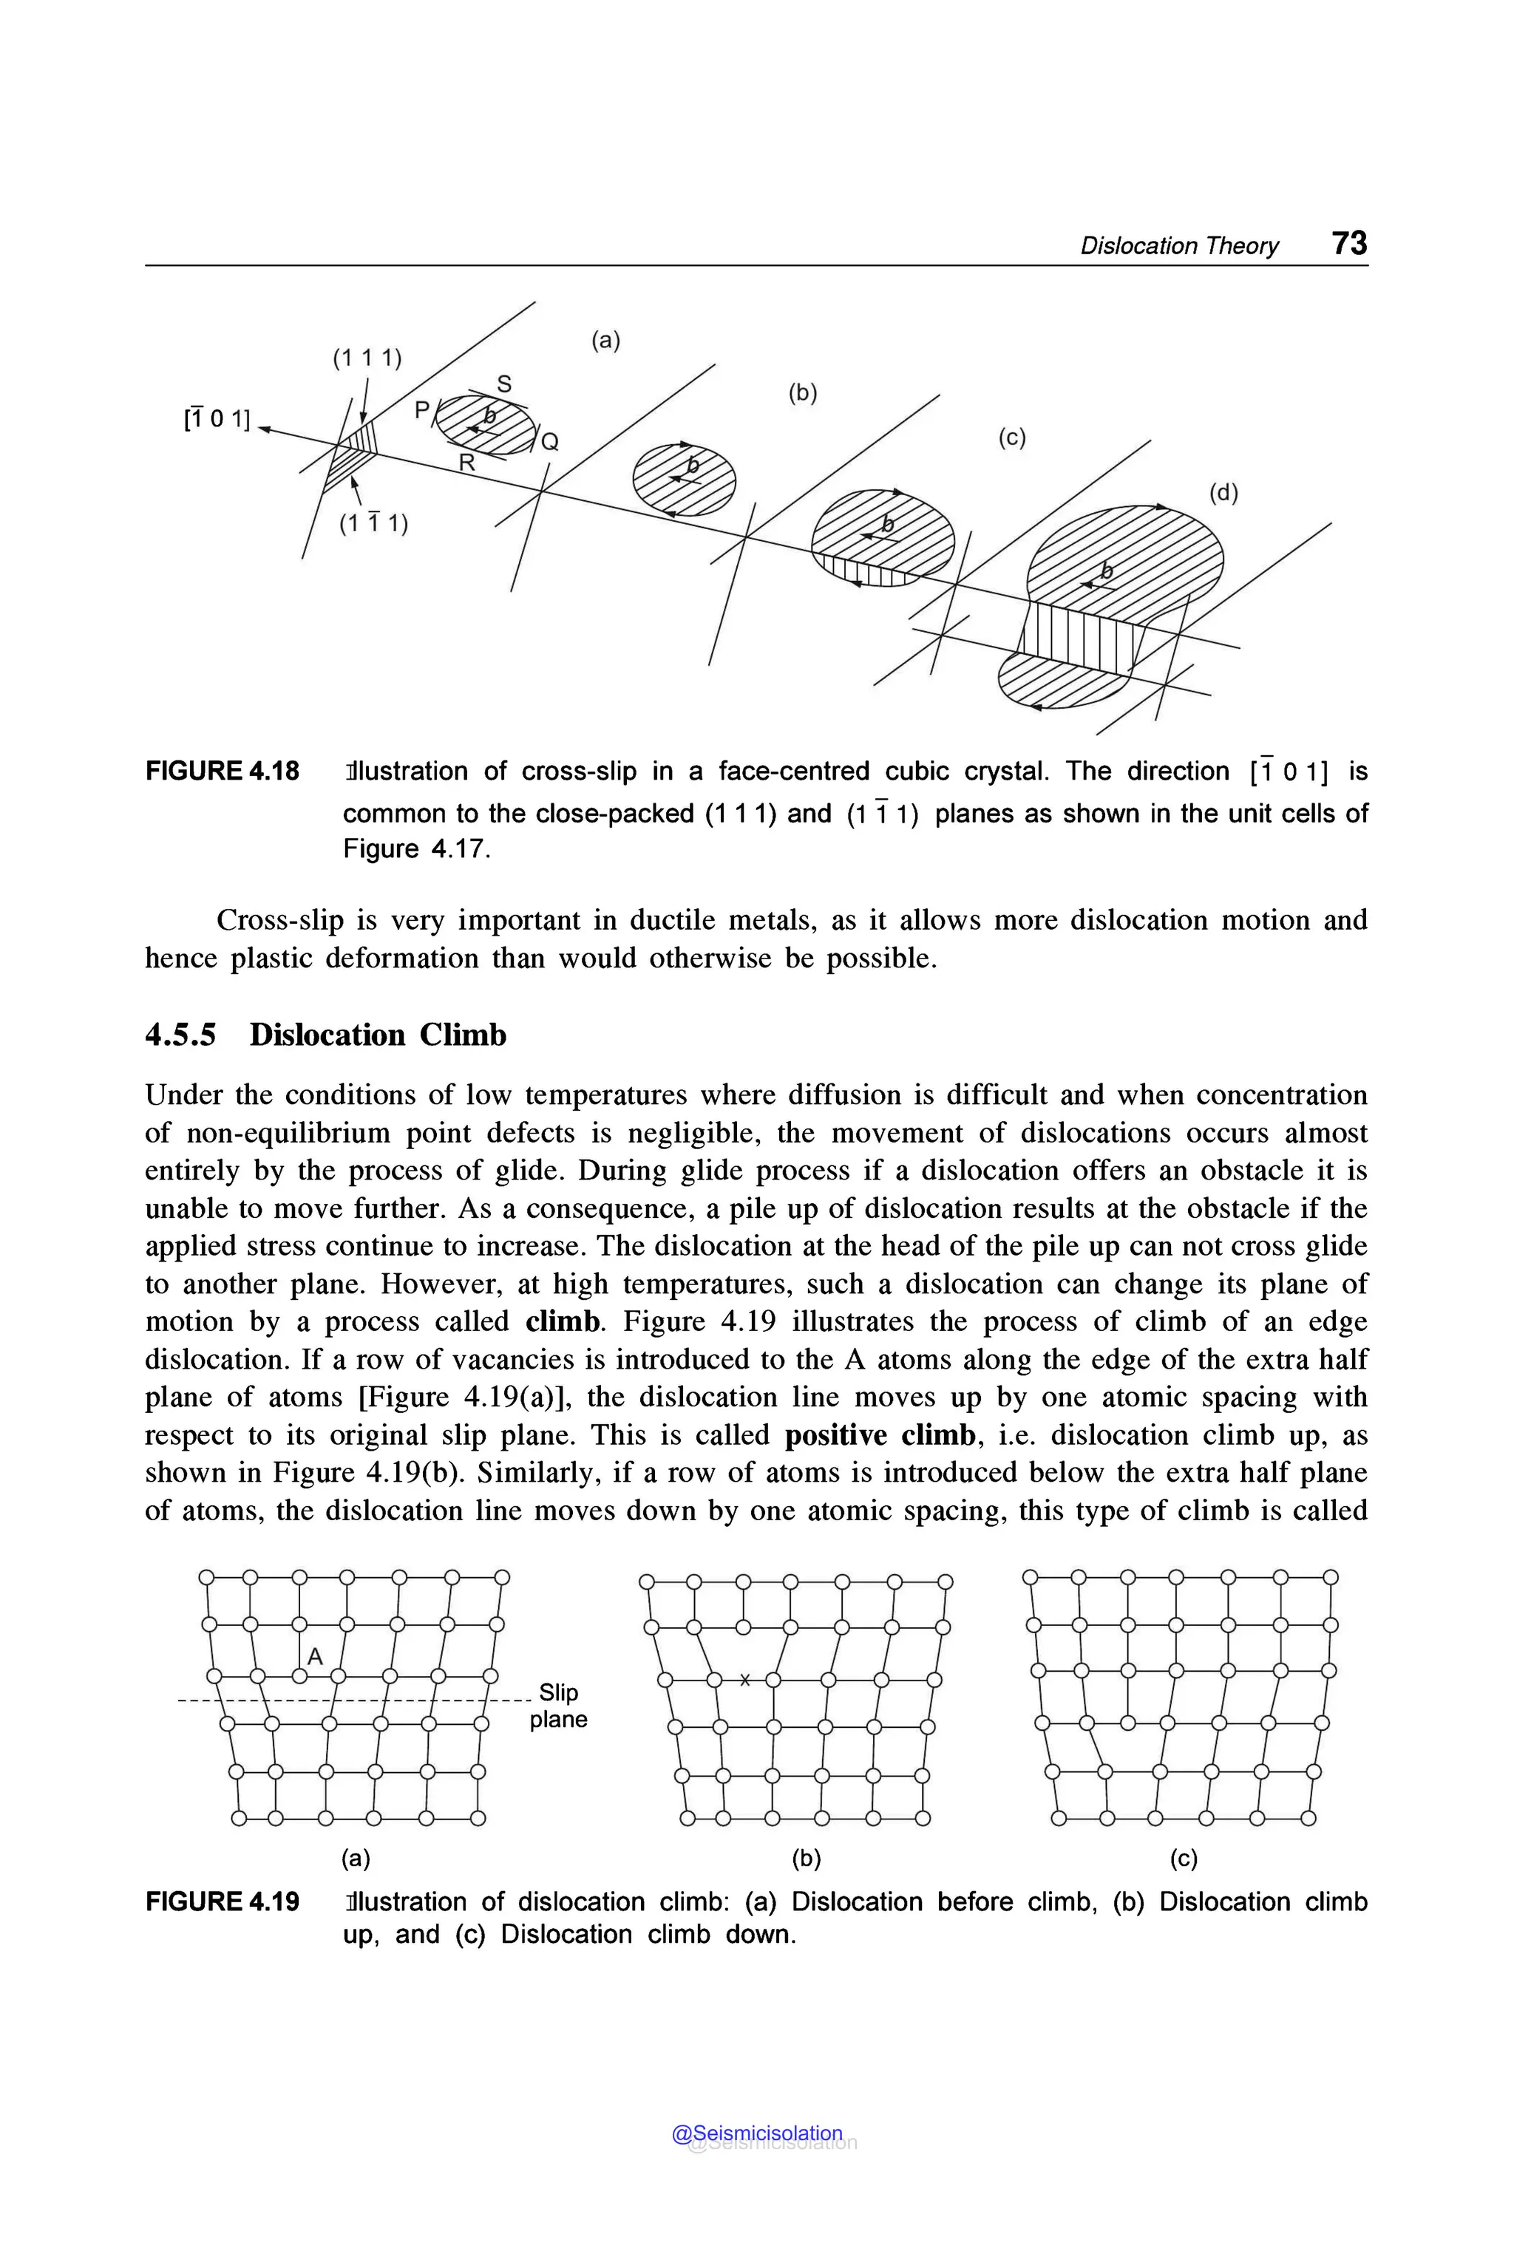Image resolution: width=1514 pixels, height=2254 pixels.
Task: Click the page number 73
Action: pyautogui.click(x=1349, y=242)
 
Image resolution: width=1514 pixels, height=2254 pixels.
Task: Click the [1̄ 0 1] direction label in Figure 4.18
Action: pyautogui.click(x=217, y=419)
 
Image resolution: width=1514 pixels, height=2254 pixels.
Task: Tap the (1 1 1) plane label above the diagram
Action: pyautogui.click(x=367, y=358)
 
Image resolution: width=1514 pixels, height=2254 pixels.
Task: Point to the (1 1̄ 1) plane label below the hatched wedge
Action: pyautogui.click(x=373, y=523)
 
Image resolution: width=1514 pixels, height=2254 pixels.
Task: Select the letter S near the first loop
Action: pyautogui.click(x=504, y=384)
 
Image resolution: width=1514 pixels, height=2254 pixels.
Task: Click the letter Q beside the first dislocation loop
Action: pyautogui.click(x=549, y=442)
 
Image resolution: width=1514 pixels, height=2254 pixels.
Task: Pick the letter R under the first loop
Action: pyautogui.click(x=466, y=463)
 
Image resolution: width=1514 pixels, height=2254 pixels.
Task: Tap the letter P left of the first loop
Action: pyautogui.click(x=422, y=409)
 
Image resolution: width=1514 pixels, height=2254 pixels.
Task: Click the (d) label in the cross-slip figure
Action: pyautogui.click(x=1223, y=492)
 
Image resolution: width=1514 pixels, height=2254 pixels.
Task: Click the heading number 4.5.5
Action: pyautogui.click(x=180, y=1035)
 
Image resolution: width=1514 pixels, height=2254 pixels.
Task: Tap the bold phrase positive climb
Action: pyautogui.click(x=879, y=1434)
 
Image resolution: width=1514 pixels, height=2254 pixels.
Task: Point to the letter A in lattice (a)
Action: pyautogui.click(x=315, y=1656)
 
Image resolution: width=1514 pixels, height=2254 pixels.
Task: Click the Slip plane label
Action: pyautogui.click(x=558, y=1705)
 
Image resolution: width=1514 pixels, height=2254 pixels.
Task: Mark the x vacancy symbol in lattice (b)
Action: pyautogui.click(x=744, y=1680)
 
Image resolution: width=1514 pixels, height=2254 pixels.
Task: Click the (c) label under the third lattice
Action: pyautogui.click(x=1183, y=1858)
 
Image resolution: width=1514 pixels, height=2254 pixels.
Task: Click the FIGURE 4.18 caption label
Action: pyautogui.click(x=222, y=772)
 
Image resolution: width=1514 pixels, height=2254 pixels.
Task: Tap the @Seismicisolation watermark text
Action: pyautogui.click(x=757, y=2134)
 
